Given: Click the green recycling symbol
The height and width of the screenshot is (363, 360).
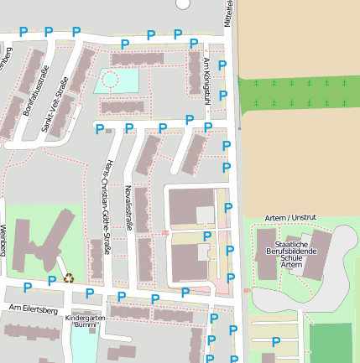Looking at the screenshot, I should pos(69,277).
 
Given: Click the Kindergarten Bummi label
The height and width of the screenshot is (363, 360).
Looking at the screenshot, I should pos(86,321).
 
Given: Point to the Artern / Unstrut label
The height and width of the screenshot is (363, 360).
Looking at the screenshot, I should pos(290,217).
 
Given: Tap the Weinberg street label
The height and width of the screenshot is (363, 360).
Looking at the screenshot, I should pos(3,239).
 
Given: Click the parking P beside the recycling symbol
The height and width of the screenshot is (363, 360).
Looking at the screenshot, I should pos(52,280).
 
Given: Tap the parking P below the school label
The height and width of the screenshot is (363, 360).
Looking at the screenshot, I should pos(276,341).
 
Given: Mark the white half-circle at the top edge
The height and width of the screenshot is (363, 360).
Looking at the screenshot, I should pos(184,3).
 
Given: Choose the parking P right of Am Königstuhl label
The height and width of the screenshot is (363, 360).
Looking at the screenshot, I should pos(222,65).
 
